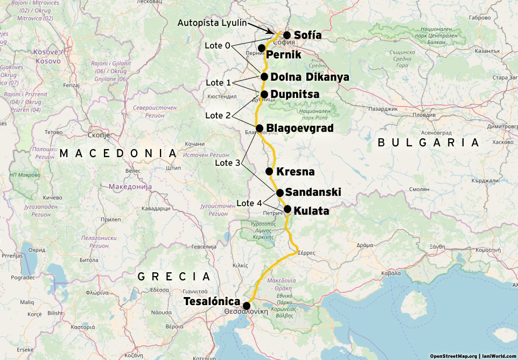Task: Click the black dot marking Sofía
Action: (x=287, y=35)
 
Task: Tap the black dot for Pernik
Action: (x=261, y=48)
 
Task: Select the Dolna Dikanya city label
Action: (x=310, y=77)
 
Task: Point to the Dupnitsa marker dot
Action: (x=264, y=94)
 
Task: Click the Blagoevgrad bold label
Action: (x=300, y=128)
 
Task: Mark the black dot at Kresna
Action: (x=269, y=172)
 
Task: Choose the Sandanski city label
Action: (x=313, y=192)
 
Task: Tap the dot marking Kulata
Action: (x=288, y=209)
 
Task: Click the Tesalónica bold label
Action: (x=212, y=301)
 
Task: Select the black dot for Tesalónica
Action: (x=247, y=306)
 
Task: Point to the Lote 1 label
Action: (x=219, y=82)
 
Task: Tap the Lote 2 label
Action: (x=218, y=116)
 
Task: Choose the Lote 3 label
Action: (x=227, y=162)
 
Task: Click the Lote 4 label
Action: (x=249, y=203)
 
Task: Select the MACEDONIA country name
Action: (x=118, y=153)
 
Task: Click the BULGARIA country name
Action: (x=428, y=143)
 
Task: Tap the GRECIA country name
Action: (x=173, y=277)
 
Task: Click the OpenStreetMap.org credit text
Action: (x=452, y=356)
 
